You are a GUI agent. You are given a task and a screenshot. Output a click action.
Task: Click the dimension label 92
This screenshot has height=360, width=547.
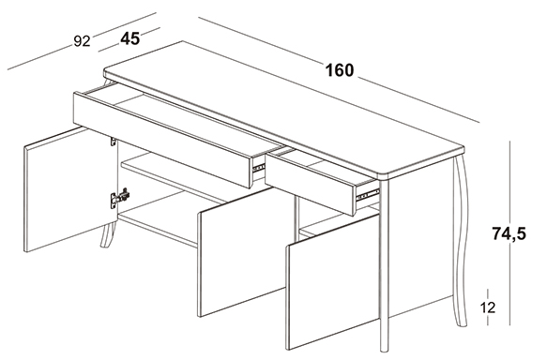coord(82,41)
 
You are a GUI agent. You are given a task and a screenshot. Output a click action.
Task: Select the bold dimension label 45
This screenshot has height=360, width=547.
coord(130,38)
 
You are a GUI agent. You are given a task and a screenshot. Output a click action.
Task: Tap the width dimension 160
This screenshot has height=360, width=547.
coord(340,70)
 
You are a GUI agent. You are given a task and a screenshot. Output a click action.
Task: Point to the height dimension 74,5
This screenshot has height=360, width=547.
coord(509,233)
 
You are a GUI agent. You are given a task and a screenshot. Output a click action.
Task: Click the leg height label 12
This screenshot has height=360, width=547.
coord(488,307)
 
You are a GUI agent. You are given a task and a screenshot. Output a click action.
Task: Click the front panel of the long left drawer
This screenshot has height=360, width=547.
coord(162,140)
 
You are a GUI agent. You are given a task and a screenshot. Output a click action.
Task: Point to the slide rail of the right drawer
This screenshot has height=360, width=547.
coord(368,194)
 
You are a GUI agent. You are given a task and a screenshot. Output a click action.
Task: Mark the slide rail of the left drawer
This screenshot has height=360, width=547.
coord(259,168)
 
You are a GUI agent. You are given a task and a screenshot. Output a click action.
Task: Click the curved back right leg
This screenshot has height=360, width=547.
coord(462,240)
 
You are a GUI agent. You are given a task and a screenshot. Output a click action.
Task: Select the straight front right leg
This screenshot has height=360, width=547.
coord(384,265)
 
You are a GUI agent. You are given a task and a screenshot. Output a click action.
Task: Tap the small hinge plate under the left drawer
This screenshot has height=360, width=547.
coord(113,142)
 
